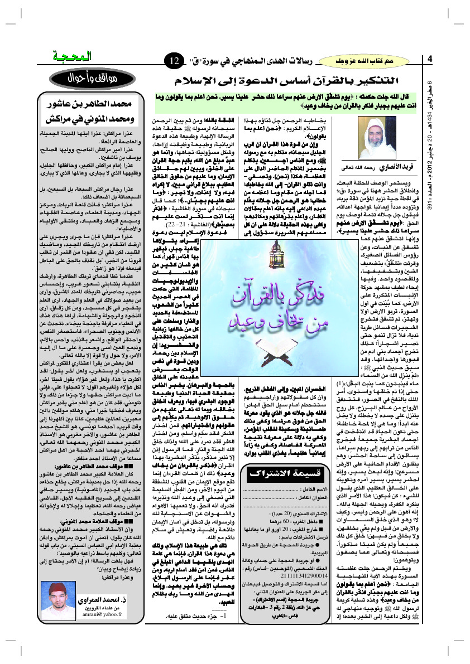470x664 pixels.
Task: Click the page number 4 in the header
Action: point(430,59)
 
